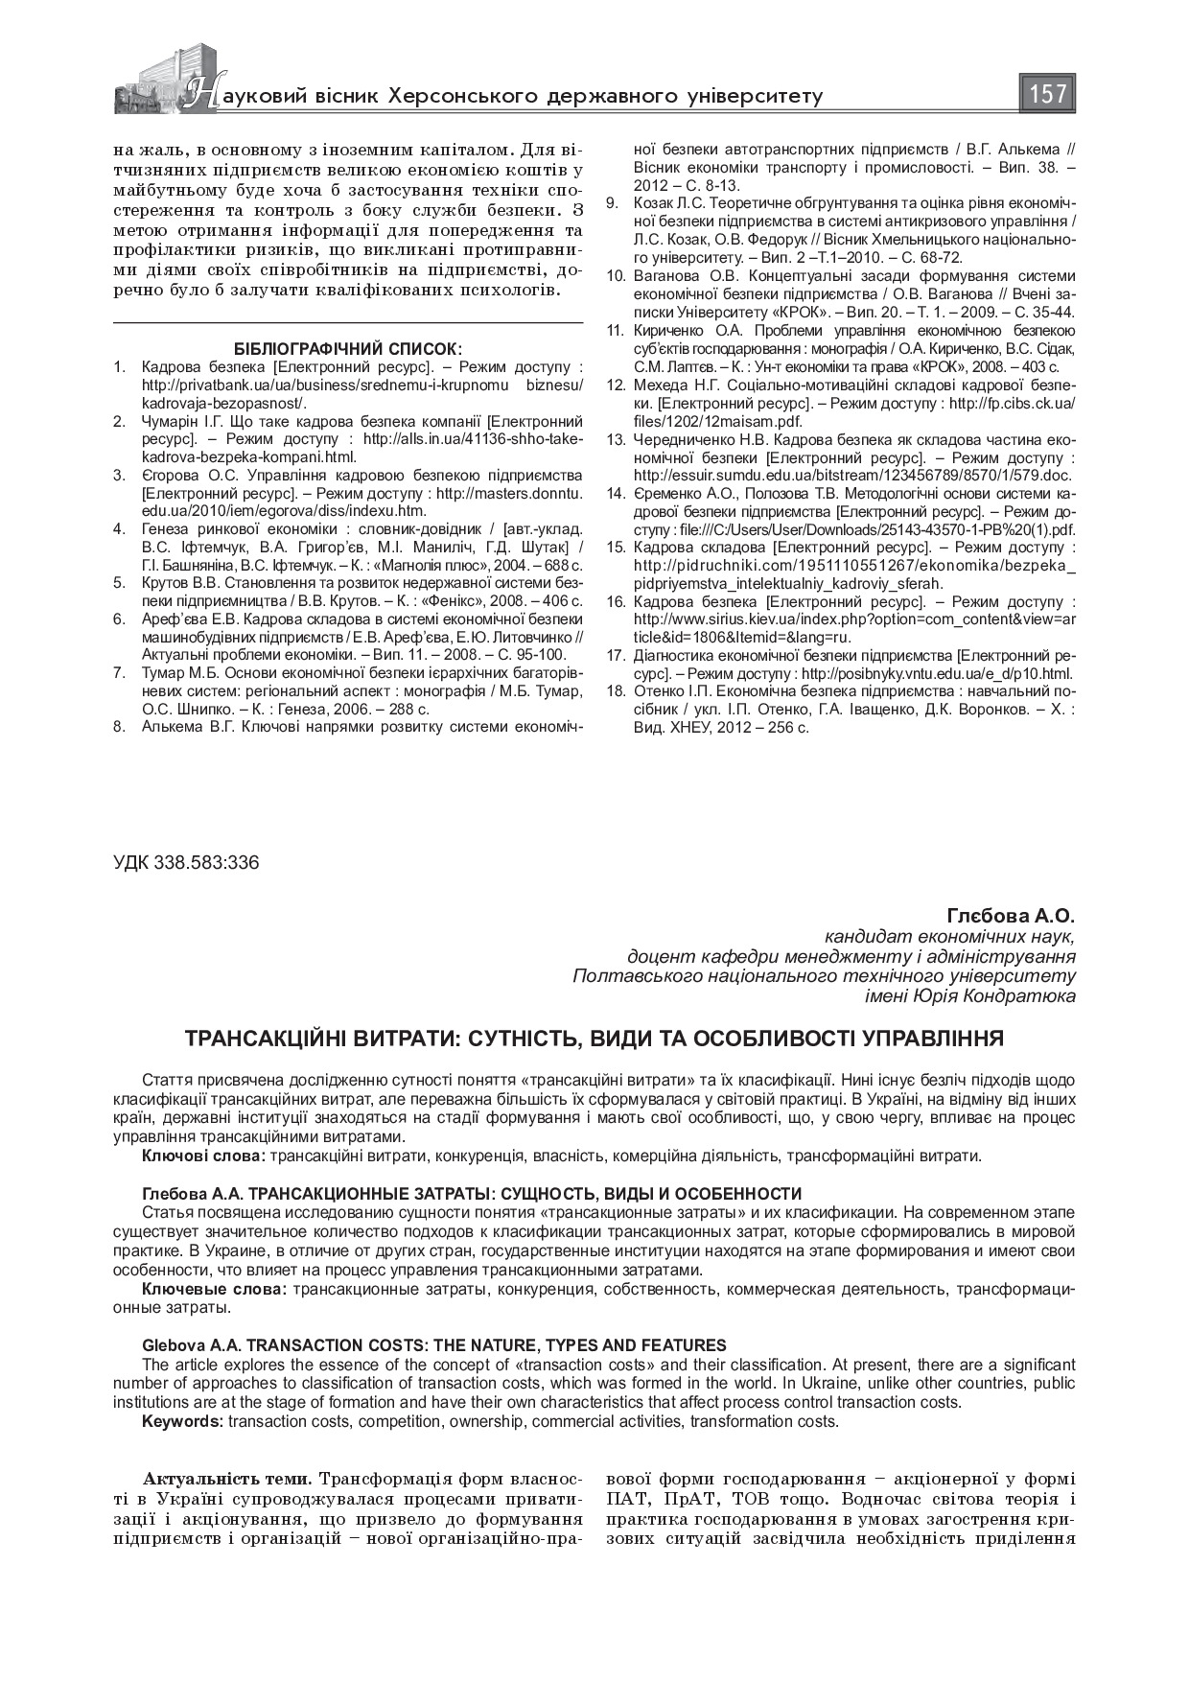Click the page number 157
(1048, 94)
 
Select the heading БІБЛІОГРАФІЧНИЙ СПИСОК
(348, 348)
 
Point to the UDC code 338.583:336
(186, 862)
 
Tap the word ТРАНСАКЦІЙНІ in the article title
(278, 1039)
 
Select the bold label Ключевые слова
(213, 1288)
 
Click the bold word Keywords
(182, 1421)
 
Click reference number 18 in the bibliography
(617, 690)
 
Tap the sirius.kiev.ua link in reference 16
(844, 619)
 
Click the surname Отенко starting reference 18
(658, 690)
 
